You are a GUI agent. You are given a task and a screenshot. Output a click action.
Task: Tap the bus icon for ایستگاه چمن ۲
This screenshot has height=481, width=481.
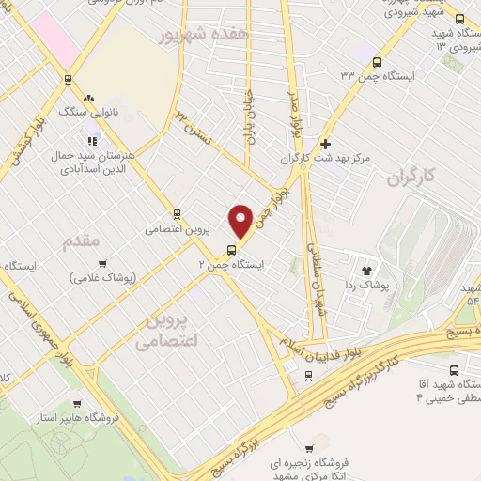232,249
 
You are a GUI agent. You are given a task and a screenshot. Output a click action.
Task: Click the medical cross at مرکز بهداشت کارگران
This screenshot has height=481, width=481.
325,144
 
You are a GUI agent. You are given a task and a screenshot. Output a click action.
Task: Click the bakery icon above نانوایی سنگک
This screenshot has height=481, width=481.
89,98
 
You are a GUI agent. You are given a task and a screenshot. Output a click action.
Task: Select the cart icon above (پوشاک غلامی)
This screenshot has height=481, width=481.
102,263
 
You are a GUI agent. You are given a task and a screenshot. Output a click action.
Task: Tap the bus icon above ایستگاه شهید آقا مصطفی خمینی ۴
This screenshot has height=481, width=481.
455,369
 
